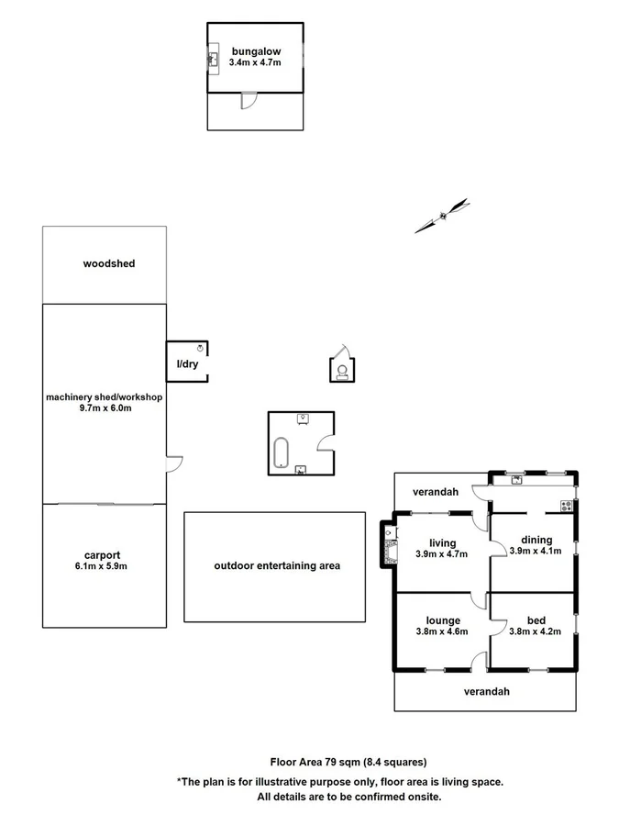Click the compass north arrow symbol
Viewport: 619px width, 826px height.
[x=442, y=216]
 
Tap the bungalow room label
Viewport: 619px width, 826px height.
[x=255, y=50]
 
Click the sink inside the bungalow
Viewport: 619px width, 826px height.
[x=213, y=60]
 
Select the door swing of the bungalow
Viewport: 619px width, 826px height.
[x=247, y=101]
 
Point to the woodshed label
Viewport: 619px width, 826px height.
[x=108, y=263]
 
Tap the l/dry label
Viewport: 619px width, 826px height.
[x=187, y=364]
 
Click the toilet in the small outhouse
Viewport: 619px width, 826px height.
[x=342, y=371]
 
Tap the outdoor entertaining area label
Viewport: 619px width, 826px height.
[x=276, y=565]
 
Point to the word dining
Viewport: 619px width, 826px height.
[x=536, y=540]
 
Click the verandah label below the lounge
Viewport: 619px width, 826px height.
[x=486, y=691]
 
